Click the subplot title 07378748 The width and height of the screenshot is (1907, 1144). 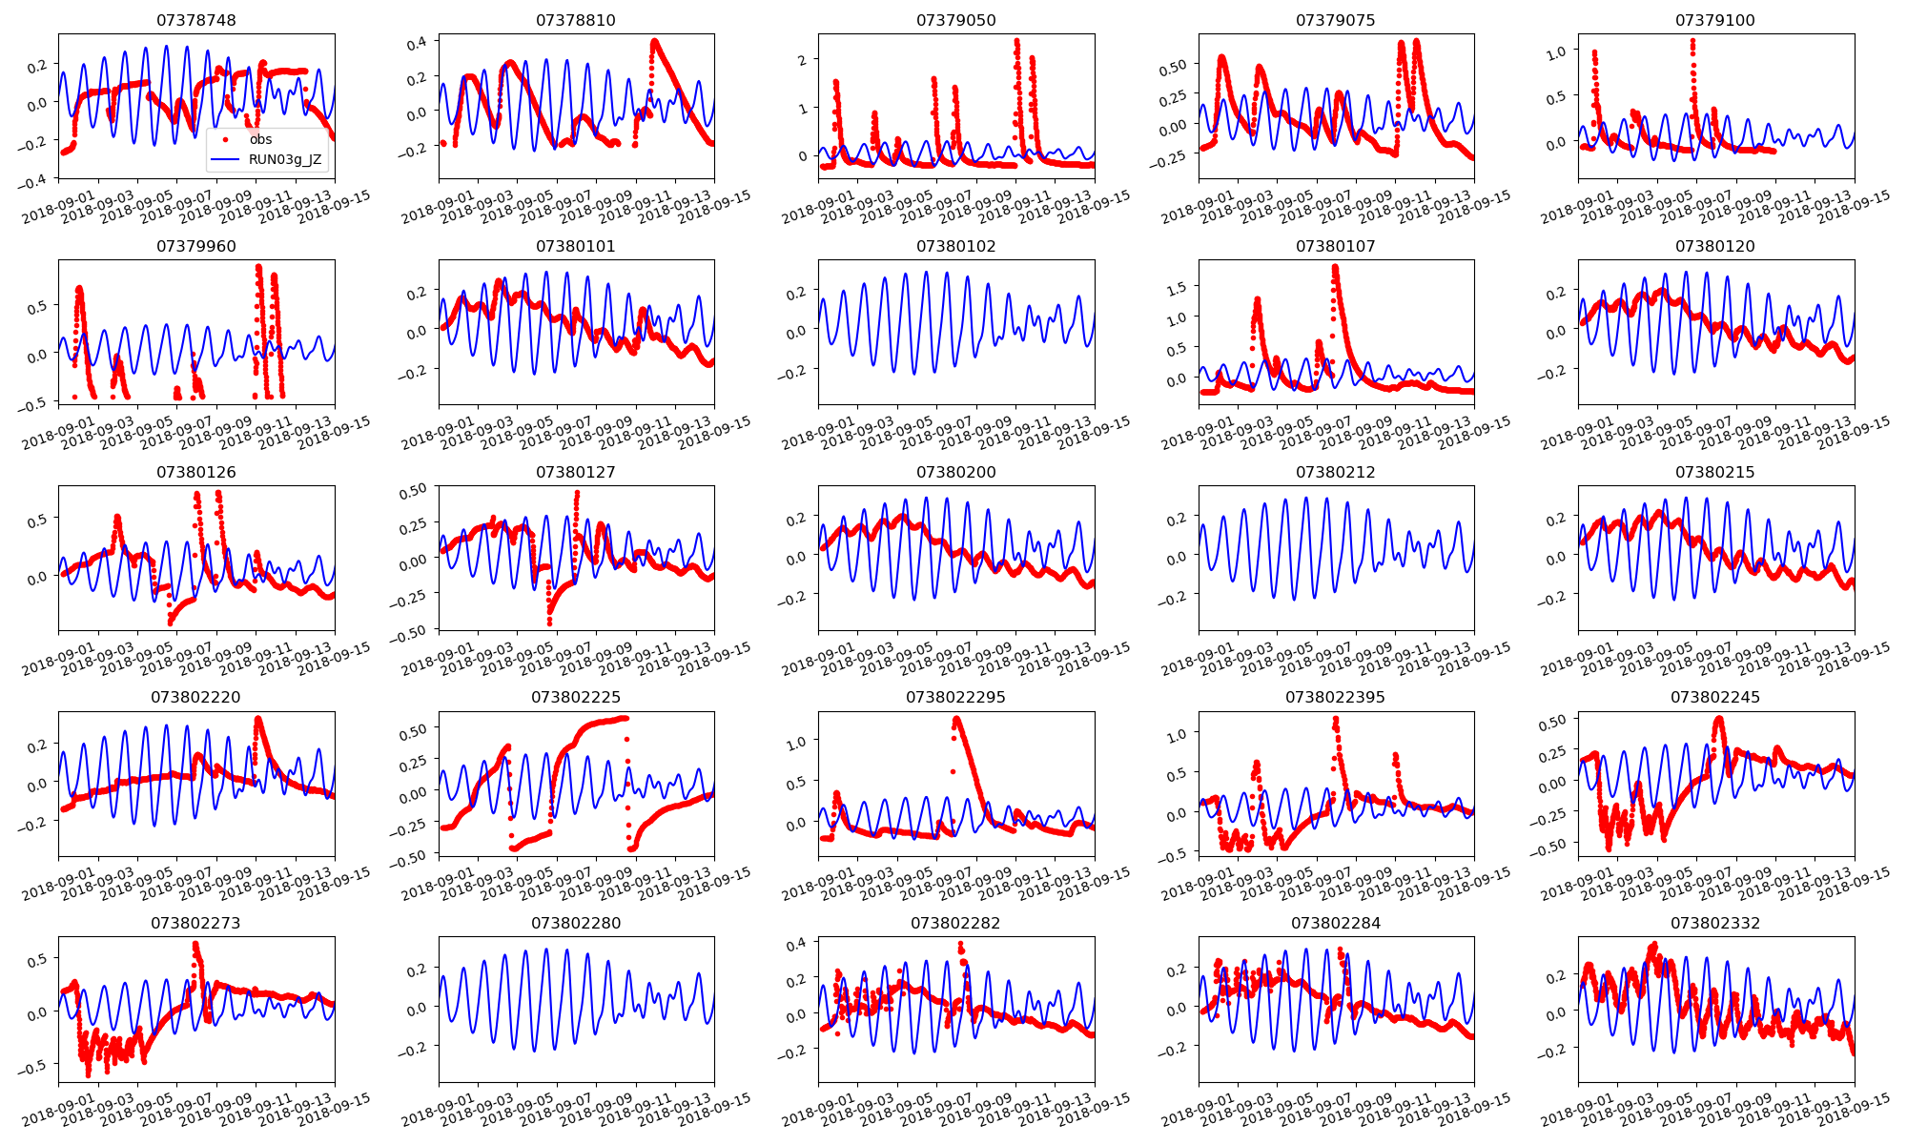[196, 20]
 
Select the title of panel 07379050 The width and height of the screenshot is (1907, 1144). [955, 20]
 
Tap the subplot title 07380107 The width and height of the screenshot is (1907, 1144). [1335, 246]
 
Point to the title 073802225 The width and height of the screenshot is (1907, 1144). [576, 697]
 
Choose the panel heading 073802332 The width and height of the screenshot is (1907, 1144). [1715, 923]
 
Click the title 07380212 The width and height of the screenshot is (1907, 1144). [1335, 472]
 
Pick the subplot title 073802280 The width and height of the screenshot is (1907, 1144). [576, 923]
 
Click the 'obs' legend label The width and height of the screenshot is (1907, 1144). [260, 139]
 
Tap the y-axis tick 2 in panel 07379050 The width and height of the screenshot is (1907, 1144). [803, 60]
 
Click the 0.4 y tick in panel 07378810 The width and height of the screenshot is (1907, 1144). [417, 43]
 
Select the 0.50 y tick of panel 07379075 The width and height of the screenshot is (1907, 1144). [1173, 66]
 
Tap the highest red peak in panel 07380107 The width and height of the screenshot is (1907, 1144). [1334, 268]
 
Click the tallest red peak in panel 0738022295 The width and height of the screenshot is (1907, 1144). [956, 719]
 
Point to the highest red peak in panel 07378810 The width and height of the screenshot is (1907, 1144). [654, 41]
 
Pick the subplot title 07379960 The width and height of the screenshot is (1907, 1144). [196, 246]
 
